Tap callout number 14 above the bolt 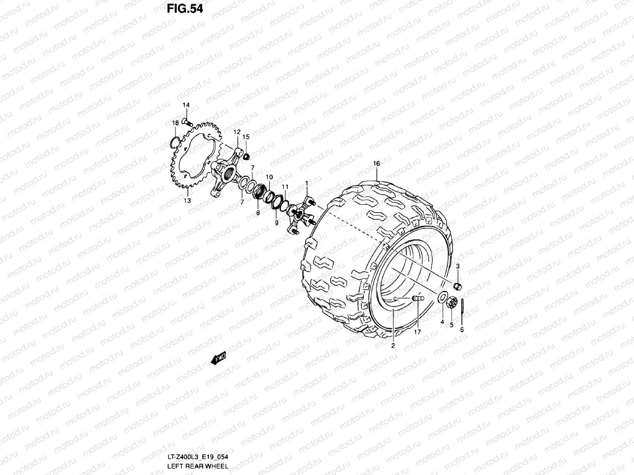(186, 105)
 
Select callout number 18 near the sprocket (175, 123)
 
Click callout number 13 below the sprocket (187, 201)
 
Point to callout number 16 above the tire (376, 163)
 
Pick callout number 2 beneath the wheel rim (393, 346)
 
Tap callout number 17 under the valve (417, 332)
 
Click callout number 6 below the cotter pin (462, 329)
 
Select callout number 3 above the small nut (457, 266)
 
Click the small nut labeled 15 (246, 156)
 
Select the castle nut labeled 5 (452, 303)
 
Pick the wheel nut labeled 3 (457, 286)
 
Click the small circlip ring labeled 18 (174, 141)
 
